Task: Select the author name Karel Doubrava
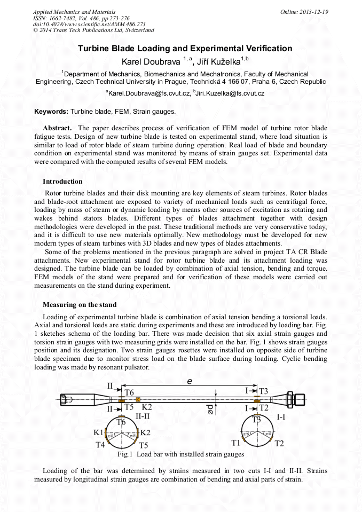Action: click(151, 61)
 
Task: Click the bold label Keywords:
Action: click(51, 112)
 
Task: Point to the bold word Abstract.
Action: click(57, 128)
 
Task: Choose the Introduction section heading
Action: click(62, 182)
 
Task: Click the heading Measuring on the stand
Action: click(80, 305)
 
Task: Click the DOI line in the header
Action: click(89, 24)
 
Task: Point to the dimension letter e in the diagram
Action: click(189, 381)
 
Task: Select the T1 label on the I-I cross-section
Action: click(235, 443)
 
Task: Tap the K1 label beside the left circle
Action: click(98, 431)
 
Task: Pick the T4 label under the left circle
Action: click(100, 444)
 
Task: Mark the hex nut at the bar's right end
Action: click(300, 399)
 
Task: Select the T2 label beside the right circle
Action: click(279, 443)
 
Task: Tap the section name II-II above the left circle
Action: click(146, 415)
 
